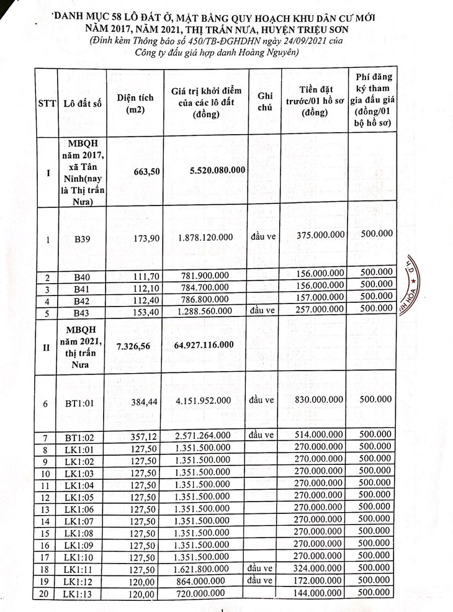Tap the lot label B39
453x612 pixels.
tap(82, 238)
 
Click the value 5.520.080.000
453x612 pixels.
tap(213, 170)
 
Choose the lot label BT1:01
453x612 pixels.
tap(81, 403)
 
